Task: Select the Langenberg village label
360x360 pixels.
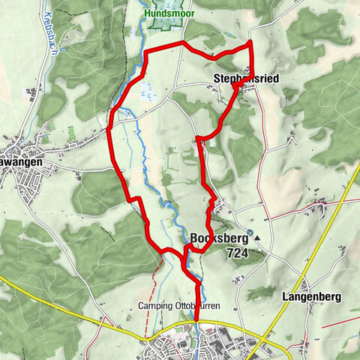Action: (311, 297)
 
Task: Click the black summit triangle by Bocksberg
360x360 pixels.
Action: (258, 238)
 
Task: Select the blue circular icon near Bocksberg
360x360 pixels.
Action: (250, 232)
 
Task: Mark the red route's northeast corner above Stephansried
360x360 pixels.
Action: (250, 45)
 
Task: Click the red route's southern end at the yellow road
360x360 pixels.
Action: (197, 319)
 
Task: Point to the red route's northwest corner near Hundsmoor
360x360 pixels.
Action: (145, 52)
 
